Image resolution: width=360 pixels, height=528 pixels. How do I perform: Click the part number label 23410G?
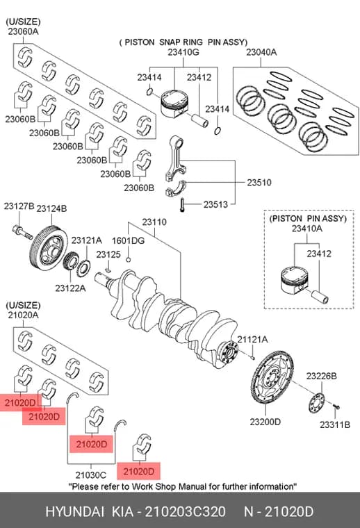click(x=183, y=52)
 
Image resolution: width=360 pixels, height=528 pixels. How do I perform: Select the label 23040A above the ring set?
click(x=261, y=52)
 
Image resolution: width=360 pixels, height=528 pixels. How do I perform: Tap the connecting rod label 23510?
click(x=259, y=183)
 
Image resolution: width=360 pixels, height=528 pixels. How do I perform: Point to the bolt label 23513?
click(x=215, y=204)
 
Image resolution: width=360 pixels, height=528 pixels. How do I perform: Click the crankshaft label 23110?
click(x=154, y=222)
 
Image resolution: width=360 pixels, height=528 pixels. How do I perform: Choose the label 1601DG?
click(x=128, y=241)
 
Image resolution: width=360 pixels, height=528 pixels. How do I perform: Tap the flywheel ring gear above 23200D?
click(x=272, y=377)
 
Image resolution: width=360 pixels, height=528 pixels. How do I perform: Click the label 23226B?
click(x=321, y=376)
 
